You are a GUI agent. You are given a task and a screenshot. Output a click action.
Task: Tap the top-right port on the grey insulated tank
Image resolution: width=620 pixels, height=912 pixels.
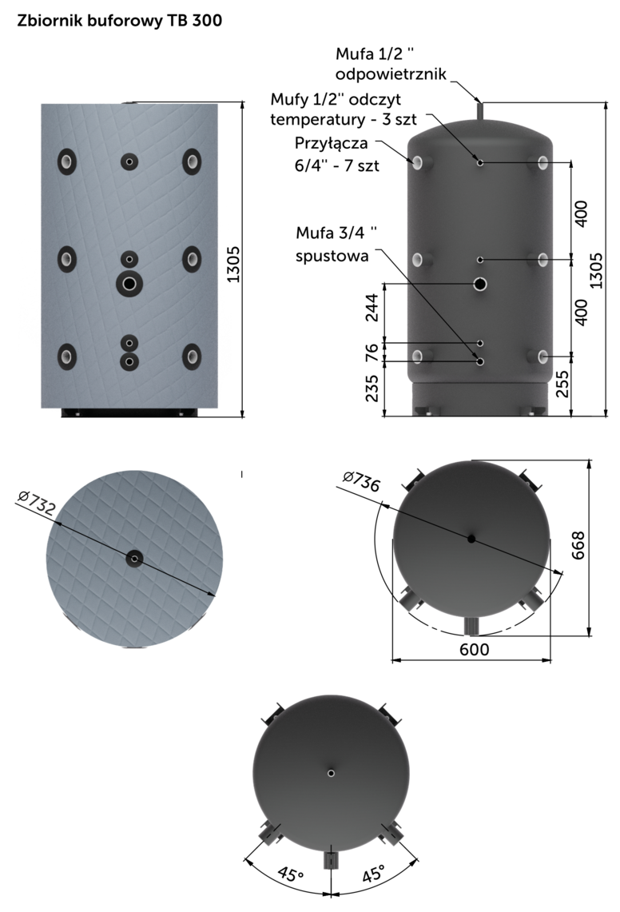pyautogui.click(x=192, y=161)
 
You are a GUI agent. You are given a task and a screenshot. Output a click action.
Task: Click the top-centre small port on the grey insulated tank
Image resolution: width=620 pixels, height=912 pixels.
pyautogui.click(x=129, y=161)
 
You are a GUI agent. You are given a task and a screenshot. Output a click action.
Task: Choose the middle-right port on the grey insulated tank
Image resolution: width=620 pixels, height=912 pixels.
pyautogui.click(x=192, y=257)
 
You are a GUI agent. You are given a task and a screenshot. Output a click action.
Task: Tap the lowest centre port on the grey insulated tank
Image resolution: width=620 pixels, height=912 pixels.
pyautogui.click(x=129, y=362)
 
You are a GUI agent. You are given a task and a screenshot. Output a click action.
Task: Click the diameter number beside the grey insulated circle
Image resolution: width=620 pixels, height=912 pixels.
pyautogui.click(x=41, y=502)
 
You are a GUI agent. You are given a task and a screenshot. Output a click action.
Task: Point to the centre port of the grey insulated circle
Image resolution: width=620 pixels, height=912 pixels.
pyautogui.click(x=133, y=559)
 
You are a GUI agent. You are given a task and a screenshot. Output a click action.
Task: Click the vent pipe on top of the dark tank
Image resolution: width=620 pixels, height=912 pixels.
pyautogui.click(x=480, y=112)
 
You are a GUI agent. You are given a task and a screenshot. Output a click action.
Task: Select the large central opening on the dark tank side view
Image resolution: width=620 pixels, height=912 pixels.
pyautogui.click(x=480, y=284)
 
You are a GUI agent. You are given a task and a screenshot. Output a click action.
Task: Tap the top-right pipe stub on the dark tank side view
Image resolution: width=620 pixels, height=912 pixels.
pyautogui.click(x=544, y=163)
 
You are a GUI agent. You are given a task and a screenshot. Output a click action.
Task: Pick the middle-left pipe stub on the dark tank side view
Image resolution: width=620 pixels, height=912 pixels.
pyautogui.click(x=416, y=261)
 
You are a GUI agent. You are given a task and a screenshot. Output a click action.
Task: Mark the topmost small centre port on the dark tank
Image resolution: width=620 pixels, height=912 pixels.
pyautogui.click(x=480, y=162)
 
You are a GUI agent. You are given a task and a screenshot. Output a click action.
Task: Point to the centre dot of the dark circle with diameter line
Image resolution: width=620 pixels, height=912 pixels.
pyautogui.click(x=471, y=539)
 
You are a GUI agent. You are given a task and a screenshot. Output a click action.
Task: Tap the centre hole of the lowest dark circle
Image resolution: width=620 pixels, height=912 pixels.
pyautogui.click(x=331, y=772)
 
